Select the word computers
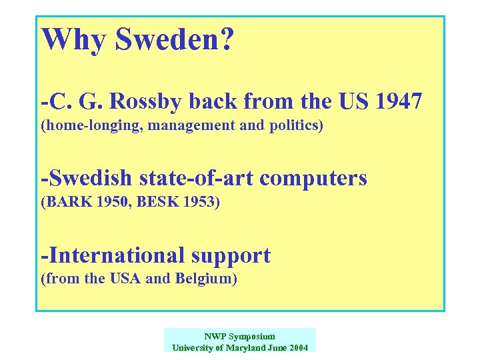tap(318, 178)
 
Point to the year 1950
tap(105, 201)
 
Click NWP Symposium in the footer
tap(239, 337)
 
